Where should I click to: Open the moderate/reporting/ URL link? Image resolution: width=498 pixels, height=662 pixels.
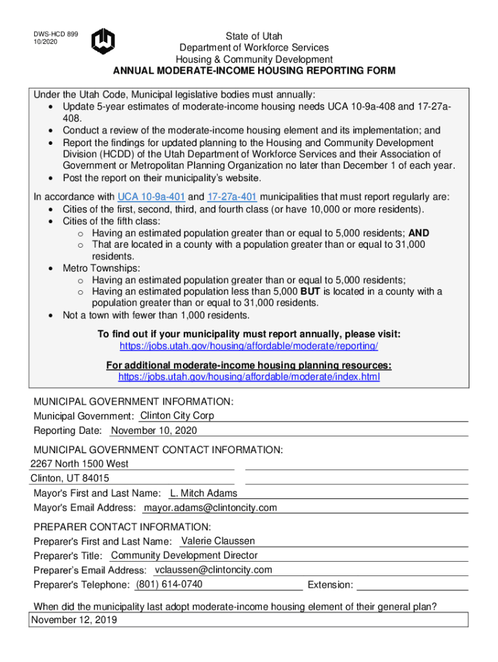pyautogui.click(x=249, y=347)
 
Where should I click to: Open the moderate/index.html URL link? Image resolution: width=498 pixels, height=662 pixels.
pyautogui.click(x=249, y=376)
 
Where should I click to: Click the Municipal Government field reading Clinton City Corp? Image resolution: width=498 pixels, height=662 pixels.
pyautogui.click(x=177, y=416)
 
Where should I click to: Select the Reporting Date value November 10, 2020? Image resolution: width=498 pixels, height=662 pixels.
pyautogui.click(x=155, y=431)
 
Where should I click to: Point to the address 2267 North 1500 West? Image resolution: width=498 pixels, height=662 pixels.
pyautogui.click(x=80, y=464)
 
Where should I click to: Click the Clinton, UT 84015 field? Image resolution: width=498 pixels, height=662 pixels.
pyautogui.click(x=70, y=478)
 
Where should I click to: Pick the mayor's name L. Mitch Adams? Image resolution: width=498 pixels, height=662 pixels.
pyautogui.click(x=204, y=493)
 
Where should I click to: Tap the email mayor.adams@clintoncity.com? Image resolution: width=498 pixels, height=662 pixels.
pyautogui.click(x=210, y=508)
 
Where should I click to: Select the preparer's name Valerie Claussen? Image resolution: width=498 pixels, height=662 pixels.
pyautogui.click(x=219, y=540)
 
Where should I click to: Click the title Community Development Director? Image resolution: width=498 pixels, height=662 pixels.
pyautogui.click(x=184, y=555)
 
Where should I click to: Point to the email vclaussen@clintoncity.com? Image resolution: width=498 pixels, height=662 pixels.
pyautogui.click(x=213, y=570)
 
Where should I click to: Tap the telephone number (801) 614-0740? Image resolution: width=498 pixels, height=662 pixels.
pyautogui.click(x=169, y=584)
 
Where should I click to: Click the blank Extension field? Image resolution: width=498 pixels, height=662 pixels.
pyautogui.click(x=412, y=585)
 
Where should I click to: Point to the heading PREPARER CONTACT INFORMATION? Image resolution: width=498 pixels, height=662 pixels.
pyautogui.click(x=122, y=526)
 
